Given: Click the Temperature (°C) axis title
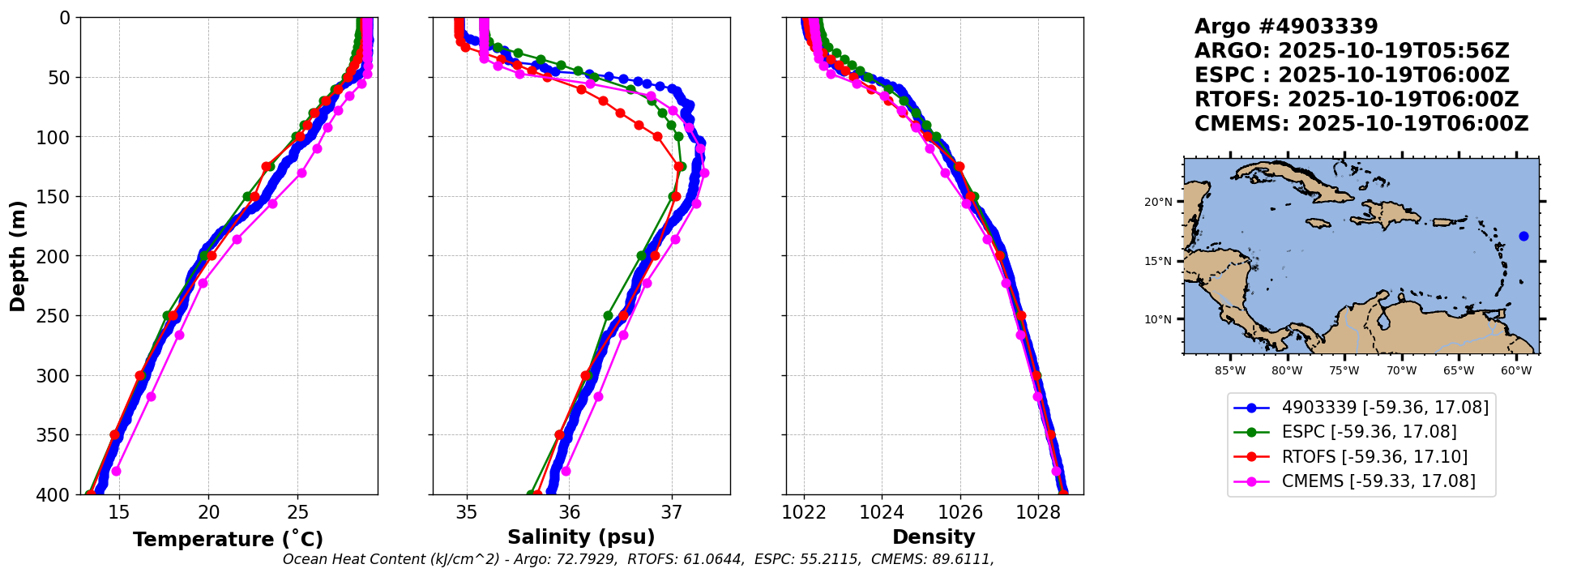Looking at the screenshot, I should (x=228, y=540).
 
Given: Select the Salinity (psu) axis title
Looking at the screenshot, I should (x=581, y=537).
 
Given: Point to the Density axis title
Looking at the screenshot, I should (x=934, y=537).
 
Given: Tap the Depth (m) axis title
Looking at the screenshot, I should (x=17, y=256).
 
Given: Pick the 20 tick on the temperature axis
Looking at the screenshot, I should (x=208, y=512).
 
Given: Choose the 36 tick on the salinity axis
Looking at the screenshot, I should (x=569, y=512).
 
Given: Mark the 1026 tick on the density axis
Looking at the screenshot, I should (x=960, y=512).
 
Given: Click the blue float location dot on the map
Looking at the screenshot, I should (x=1523, y=237).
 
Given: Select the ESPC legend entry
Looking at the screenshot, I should (x=1369, y=432).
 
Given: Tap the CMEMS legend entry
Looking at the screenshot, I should (x=1378, y=481).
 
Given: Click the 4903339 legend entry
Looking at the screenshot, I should (x=1385, y=408).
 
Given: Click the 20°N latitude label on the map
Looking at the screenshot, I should (x=1158, y=202).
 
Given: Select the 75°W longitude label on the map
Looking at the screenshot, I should (x=1344, y=371).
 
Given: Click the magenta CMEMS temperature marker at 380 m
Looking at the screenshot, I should (x=116, y=471).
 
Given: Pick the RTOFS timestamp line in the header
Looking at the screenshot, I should (x=1356, y=100).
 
